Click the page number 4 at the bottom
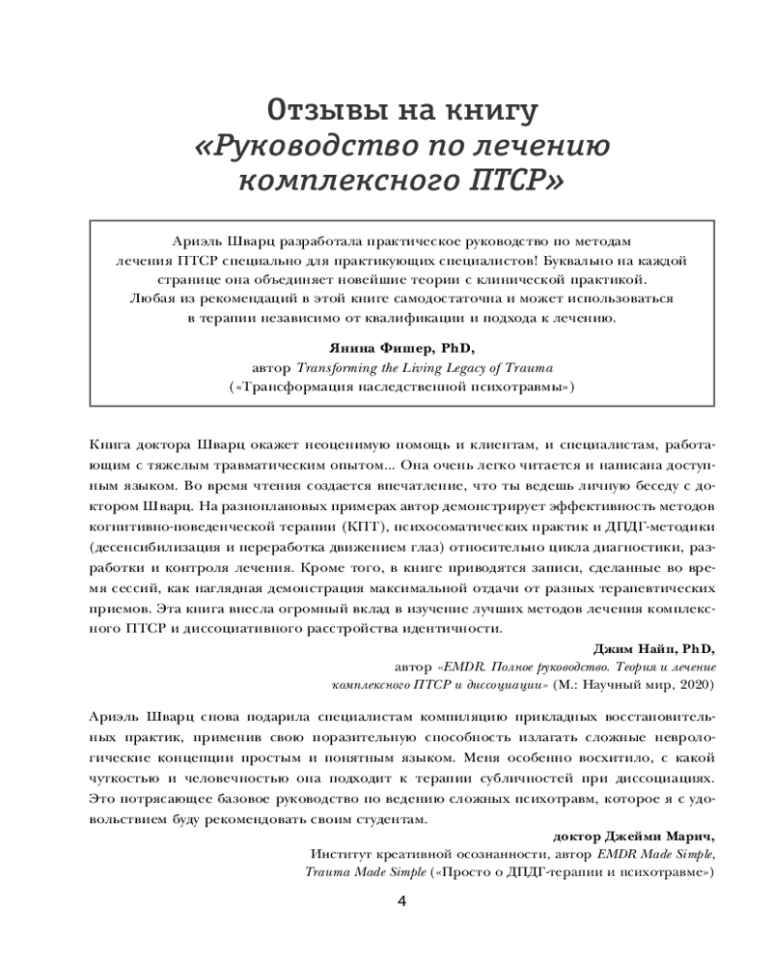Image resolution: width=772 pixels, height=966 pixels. click(402, 901)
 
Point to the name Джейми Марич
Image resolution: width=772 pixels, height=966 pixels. click(652, 837)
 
